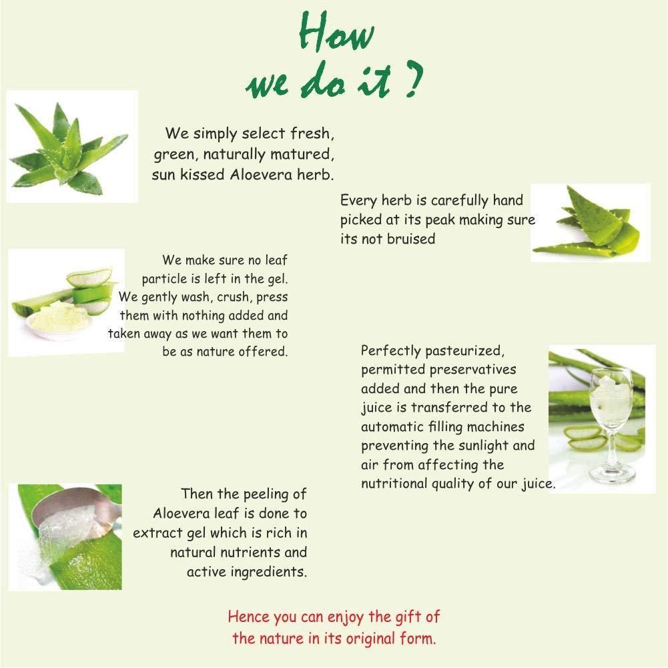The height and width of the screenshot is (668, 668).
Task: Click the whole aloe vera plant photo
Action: pos(72,146)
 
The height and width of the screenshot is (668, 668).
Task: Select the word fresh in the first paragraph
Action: pos(312,133)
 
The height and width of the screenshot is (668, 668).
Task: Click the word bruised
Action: pos(411,239)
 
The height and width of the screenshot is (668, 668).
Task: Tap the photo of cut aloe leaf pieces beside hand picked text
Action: pos(590,222)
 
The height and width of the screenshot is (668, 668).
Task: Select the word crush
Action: pos(234,297)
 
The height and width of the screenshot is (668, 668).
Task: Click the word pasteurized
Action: pos(464,351)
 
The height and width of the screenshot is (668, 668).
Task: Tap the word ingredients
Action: pos(268,572)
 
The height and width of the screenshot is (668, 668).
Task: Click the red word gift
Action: pos(408,617)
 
